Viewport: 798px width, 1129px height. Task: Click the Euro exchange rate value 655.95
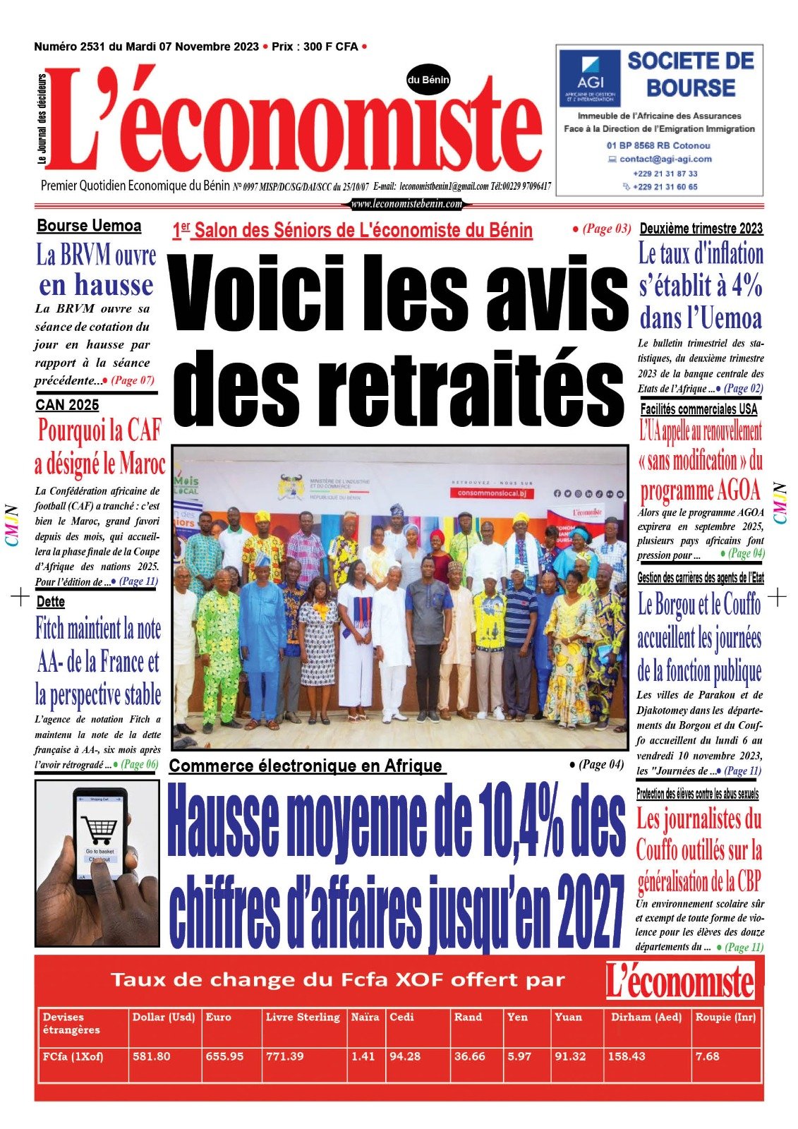coord(224,1056)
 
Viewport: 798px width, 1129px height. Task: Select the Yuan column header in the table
coord(568,1017)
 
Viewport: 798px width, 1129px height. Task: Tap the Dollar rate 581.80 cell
coord(151,1056)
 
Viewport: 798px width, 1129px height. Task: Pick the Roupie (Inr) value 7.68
coord(707,1056)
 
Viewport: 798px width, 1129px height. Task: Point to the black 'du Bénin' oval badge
coord(428,80)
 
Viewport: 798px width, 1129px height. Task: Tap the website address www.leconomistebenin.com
coord(406,204)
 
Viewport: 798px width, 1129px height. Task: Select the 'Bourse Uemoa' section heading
coord(89,227)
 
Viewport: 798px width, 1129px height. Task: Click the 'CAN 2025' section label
coord(67,405)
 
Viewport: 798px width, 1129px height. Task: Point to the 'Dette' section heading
coord(50,602)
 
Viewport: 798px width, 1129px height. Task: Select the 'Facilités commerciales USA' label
coord(699,409)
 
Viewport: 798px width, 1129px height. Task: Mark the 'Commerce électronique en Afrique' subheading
coord(306,766)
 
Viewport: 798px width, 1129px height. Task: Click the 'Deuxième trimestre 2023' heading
coord(701,229)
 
